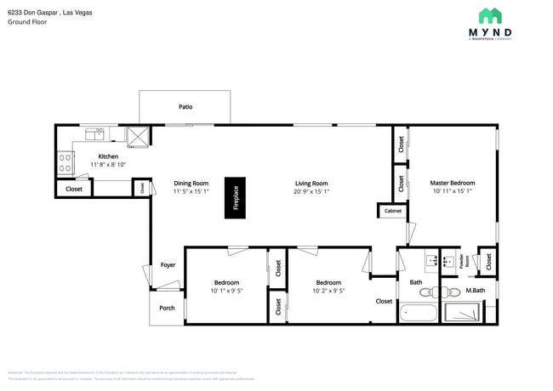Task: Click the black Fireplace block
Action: pyautogui.click(x=236, y=198)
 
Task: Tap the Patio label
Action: pyautogui.click(x=185, y=107)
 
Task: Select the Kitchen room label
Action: pyautogui.click(x=108, y=156)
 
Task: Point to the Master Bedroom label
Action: pyautogui.click(x=452, y=183)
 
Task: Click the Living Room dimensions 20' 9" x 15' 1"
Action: pyautogui.click(x=311, y=191)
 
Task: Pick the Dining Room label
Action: pyautogui.click(x=191, y=183)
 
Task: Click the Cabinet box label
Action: pyautogui.click(x=392, y=210)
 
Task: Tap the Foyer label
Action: pyautogui.click(x=168, y=265)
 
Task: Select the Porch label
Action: pyautogui.click(x=168, y=308)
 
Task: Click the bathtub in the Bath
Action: pyautogui.click(x=418, y=313)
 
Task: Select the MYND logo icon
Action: pyautogui.click(x=489, y=16)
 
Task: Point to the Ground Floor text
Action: pyautogui.click(x=27, y=22)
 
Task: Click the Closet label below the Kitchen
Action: pyautogui.click(x=74, y=189)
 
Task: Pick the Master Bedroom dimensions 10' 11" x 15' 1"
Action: pyautogui.click(x=452, y=191)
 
